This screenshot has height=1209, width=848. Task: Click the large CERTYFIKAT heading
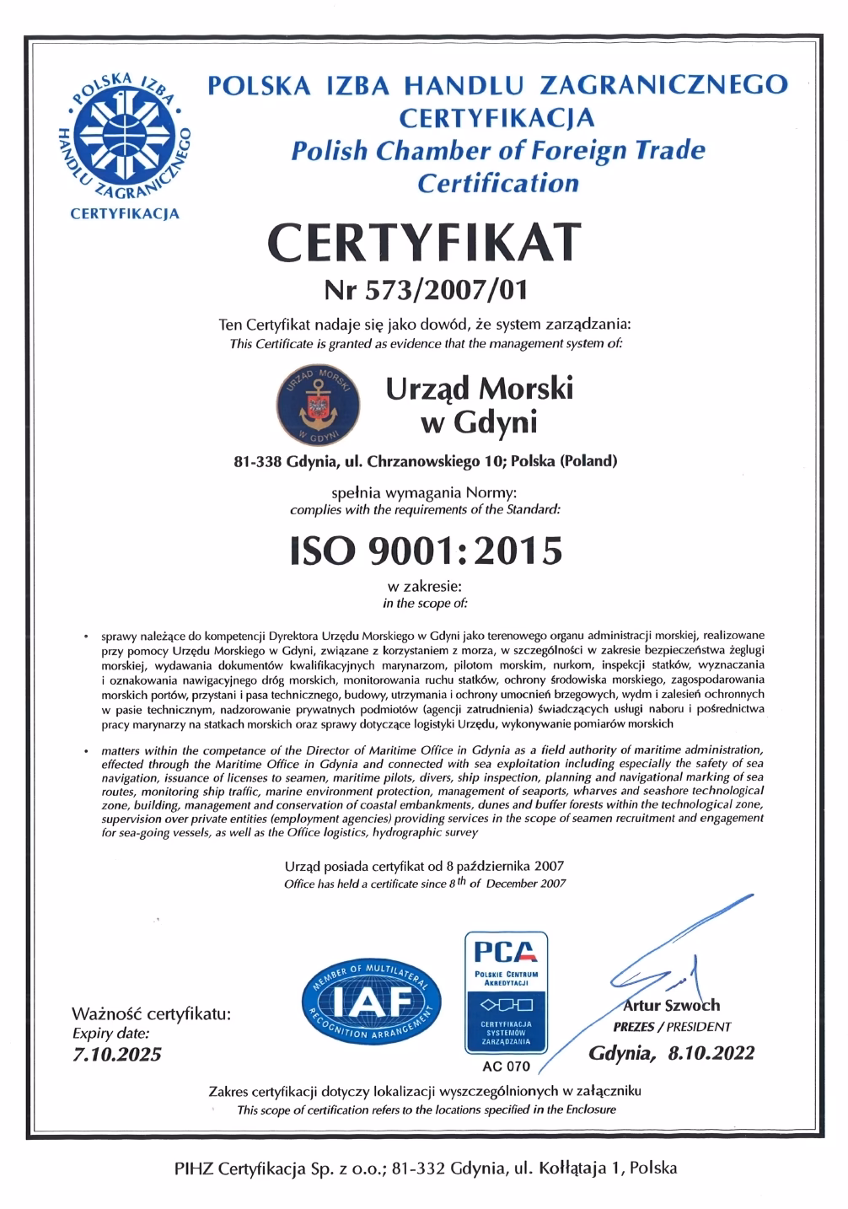pyautogui.click(x=424, y=242)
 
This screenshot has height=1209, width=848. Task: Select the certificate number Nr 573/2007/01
pyautogui.click(x=425, y=290)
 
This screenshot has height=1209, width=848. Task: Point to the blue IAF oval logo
pyautogui.click(x=371, y=1000)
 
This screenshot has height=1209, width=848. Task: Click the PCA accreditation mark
pyautogui.click(x=506, y=991)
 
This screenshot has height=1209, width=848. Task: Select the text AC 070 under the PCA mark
pyautogui.click(x=506, y=1067)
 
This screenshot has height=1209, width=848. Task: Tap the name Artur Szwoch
pyautogui.click(x=671, y=1005)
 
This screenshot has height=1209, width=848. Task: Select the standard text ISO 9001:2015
pyautogui.click(x=425, y=551)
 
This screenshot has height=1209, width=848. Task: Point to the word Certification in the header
pyautogui.click(x=498, y=183)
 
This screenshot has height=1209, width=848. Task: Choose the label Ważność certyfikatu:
pyautogui.click(x=150, y=1013)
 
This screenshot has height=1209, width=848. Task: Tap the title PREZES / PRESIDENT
pyautogui.click(x=671, y=1027)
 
